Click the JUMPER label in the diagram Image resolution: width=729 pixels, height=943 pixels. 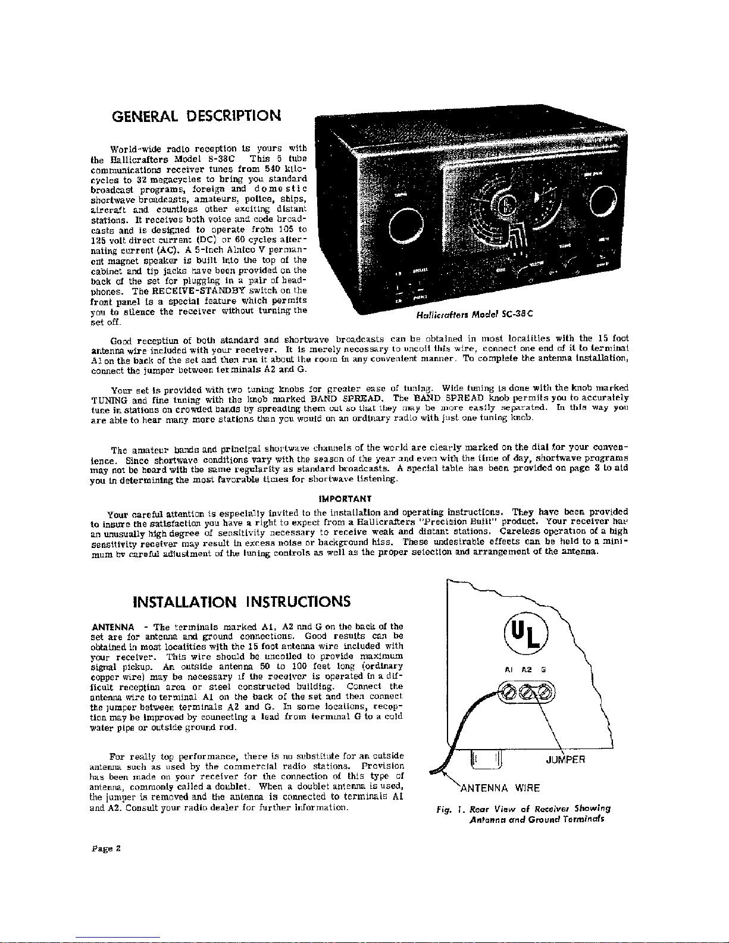point(565,759)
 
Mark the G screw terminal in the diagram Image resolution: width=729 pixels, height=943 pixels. point(544,693)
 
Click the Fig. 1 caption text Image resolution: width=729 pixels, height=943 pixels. point(524,814)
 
